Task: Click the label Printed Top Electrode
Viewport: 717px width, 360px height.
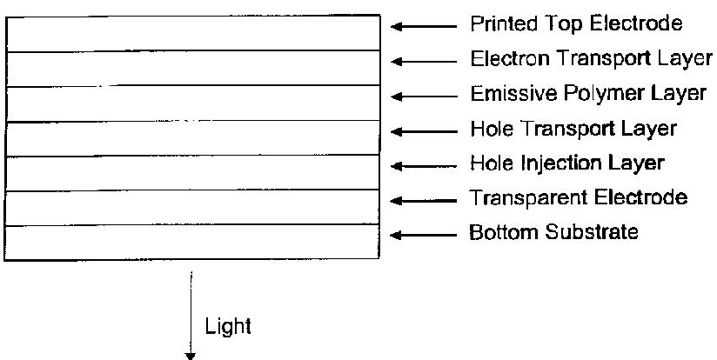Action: click(576, 23)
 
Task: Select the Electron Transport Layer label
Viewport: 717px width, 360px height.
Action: click(590, 59)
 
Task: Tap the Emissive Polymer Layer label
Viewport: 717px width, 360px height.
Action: click(588, 94)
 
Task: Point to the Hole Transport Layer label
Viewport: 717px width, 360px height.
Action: click(573, 130)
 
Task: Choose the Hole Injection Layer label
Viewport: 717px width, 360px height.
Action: click(566, 163)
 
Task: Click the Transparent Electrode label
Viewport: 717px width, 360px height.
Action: click(579, 198)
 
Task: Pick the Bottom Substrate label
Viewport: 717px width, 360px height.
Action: click(554, 233)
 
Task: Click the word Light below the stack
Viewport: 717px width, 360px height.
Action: click(228, 328)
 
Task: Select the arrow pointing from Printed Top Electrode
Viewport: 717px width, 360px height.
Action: click(424, 26)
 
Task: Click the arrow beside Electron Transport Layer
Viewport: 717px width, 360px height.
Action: click(424, 61)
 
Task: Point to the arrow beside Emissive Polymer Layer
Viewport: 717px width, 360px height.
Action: click(424, 97)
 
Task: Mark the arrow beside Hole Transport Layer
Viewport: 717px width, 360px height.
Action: click(424, 131)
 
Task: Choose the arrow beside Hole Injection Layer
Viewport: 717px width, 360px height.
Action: click(424, 166)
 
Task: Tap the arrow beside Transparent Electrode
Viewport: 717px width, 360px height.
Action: click(424, 201)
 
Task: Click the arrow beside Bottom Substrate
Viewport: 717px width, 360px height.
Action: click(424, 235)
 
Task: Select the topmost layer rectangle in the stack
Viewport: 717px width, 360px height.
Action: click(192, 33)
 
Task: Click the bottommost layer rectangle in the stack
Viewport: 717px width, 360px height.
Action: click(192, 242)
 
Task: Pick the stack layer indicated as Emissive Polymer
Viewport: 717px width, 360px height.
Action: click(192, 103)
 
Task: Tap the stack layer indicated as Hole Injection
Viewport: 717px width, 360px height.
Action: click(192, 172)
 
